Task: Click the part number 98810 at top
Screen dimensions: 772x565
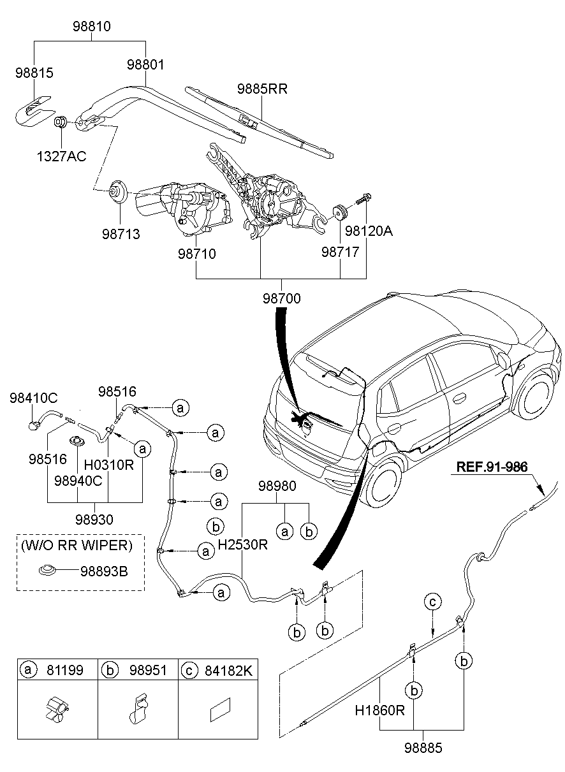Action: click(x=93, y=27)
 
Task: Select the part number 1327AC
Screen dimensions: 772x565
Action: click(x=62, y=155)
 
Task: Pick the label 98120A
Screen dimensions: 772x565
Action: click(x=369, y=231)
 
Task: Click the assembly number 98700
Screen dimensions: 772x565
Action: click(x=281, y=298)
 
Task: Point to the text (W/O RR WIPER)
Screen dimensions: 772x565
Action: click(x=77, y=545)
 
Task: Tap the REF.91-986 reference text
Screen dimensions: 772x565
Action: click(x=492, y=467)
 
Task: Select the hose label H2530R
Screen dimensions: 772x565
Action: click(x=242, y=545)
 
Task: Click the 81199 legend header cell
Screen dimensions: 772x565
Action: click(x=58, y=670)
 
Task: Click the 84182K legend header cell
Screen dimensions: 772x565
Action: click(x=217, y=670)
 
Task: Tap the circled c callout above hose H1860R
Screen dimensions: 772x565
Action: click(x=432, y=601)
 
